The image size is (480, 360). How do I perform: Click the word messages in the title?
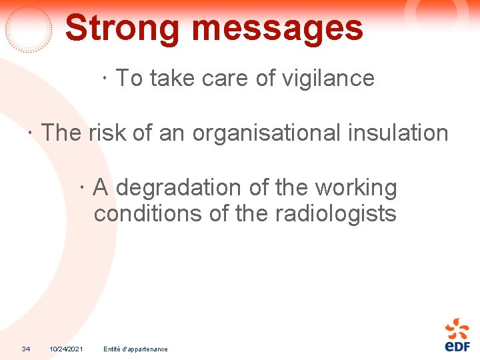pos(277,28)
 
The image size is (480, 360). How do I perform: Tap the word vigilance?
pos(328,79)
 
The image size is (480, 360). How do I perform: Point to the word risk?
pos(107,133)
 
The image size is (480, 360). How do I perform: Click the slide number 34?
pos(26,349)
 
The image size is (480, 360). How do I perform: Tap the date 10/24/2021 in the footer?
pos(66,349)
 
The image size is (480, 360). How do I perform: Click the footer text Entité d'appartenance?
pos(136,349)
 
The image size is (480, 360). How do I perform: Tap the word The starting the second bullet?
pos(61,133)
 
